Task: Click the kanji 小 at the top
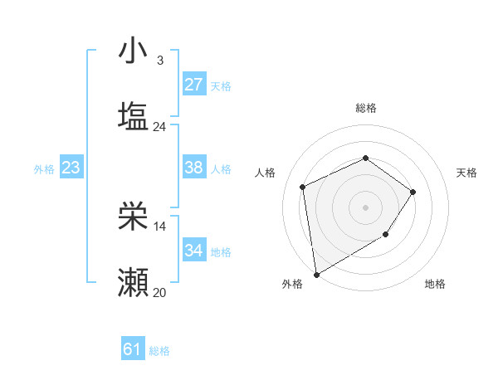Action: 133,51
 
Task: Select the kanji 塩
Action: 133,116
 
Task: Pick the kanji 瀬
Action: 133,283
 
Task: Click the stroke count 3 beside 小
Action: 160,60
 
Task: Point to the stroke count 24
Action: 160,127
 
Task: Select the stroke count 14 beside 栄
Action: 160,226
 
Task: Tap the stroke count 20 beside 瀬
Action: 160,292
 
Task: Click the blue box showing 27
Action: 193,85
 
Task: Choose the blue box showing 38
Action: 193,168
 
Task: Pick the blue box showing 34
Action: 193,251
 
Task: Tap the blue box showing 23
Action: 71,168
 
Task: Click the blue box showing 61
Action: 133,349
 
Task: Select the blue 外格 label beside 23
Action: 44,168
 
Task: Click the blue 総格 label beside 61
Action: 159,351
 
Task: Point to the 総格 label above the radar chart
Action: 366,108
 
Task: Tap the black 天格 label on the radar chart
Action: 467,173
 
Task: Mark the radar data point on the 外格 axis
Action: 316,274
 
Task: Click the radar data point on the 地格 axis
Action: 386,235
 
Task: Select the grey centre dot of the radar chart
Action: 366,207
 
